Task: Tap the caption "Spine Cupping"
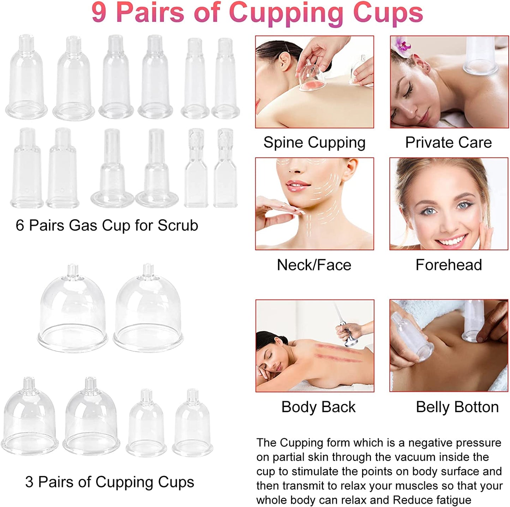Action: click(314, 143)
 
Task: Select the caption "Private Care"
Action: click(448, 143)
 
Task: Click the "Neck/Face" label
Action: click(314, 265)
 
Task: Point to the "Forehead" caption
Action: click(449, 265)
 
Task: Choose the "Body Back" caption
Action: click(318, 407)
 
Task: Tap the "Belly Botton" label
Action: click(457, 407)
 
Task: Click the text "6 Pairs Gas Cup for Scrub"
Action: click(107, 225)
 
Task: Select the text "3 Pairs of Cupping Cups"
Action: click(109, 482)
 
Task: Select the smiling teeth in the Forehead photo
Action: click(451, 241)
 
